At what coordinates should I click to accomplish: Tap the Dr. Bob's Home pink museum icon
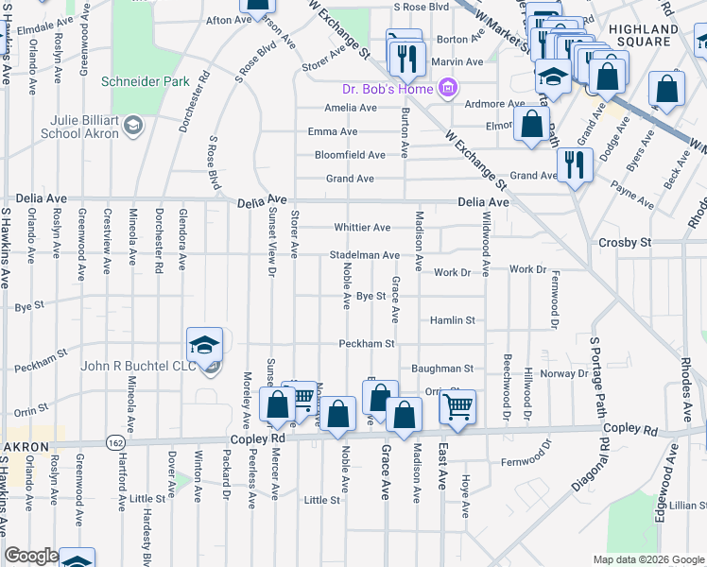[x=449, y=90]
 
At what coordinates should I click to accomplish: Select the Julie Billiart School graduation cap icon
[x=133, y=125]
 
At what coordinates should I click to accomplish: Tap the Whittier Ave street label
[x=362, y=228]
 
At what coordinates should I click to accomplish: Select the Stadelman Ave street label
[x=365, y=255]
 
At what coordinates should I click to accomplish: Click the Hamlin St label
[x=451, y=320]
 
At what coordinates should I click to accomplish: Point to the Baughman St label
[x=441, y=368]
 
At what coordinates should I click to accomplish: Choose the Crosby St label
[x=625, y=243]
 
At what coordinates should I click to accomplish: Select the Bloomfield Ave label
[x=350, y=155]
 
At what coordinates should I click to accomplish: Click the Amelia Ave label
[x=350, y=108]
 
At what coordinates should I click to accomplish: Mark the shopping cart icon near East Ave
[x=458, y=407]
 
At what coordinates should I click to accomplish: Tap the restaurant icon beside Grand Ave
[x=575, y=164]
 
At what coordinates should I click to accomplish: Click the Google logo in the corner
[x=31, y=556]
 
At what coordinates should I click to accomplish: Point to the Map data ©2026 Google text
[x=647, y=559]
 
